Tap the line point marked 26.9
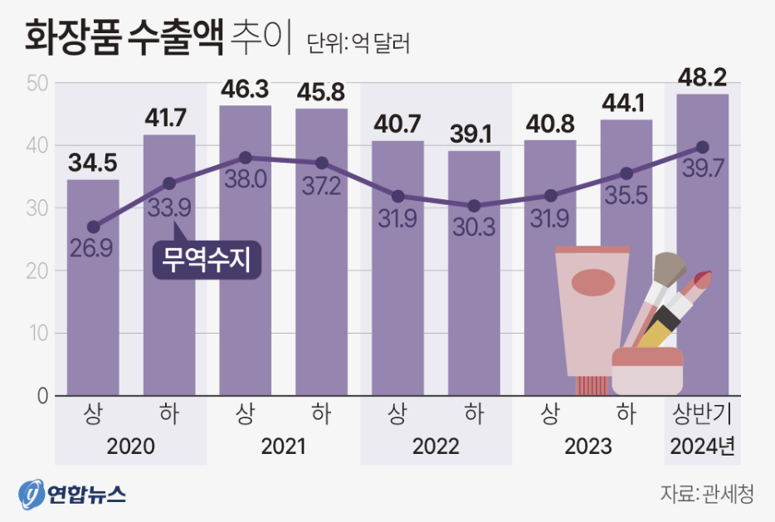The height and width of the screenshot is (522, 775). (x=93, y=227)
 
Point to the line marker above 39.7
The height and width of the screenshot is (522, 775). (x=702, y=147)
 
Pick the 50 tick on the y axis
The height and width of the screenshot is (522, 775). (x=38, y=83)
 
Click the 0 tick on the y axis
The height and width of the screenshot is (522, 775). (x=41, y=396)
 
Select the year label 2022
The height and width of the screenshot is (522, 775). (x=436, y=446)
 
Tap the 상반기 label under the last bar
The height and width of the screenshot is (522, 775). (x=703, y=413)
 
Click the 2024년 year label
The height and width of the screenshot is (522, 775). (x=703, y=446)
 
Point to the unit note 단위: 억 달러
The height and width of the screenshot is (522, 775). (x=358, y=42)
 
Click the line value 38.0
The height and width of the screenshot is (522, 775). (x=246, y=180)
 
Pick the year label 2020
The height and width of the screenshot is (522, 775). (x=131, y=446)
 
